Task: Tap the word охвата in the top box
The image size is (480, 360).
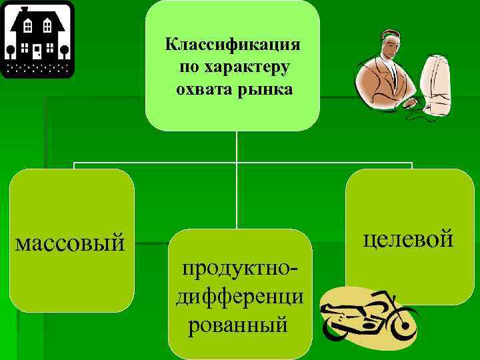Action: [201, 89]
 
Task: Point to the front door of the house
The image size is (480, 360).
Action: [37, 51]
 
